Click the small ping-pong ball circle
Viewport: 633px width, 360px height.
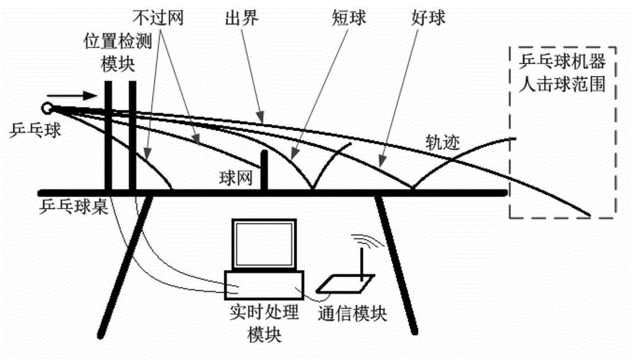[x=47, y=108]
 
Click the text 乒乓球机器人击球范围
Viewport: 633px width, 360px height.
[x=562, y=73]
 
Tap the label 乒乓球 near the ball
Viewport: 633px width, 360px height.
[x=32, y=132]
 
